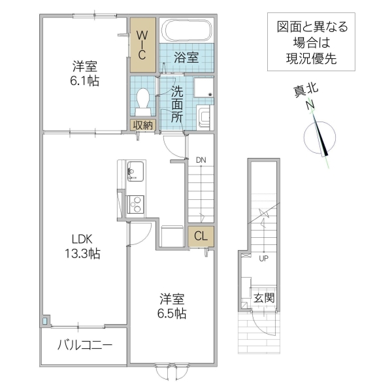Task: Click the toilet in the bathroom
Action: tap(144, 99)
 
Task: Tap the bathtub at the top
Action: tap(188, 31)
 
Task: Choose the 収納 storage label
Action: tap(143, 124)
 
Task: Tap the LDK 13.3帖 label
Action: tap(81, 244)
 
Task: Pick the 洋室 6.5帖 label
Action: tap(173, 306)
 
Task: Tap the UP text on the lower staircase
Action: tap(264, 258)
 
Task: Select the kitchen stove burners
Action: tap(137, 204)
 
